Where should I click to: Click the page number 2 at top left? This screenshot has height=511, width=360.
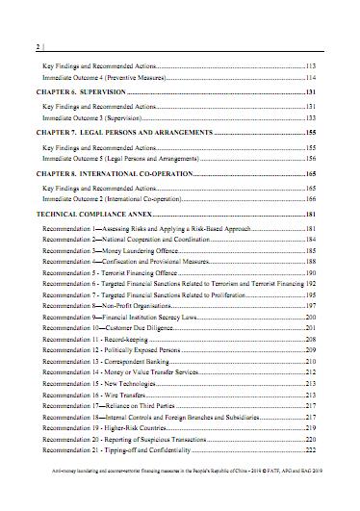click(36, 46)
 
